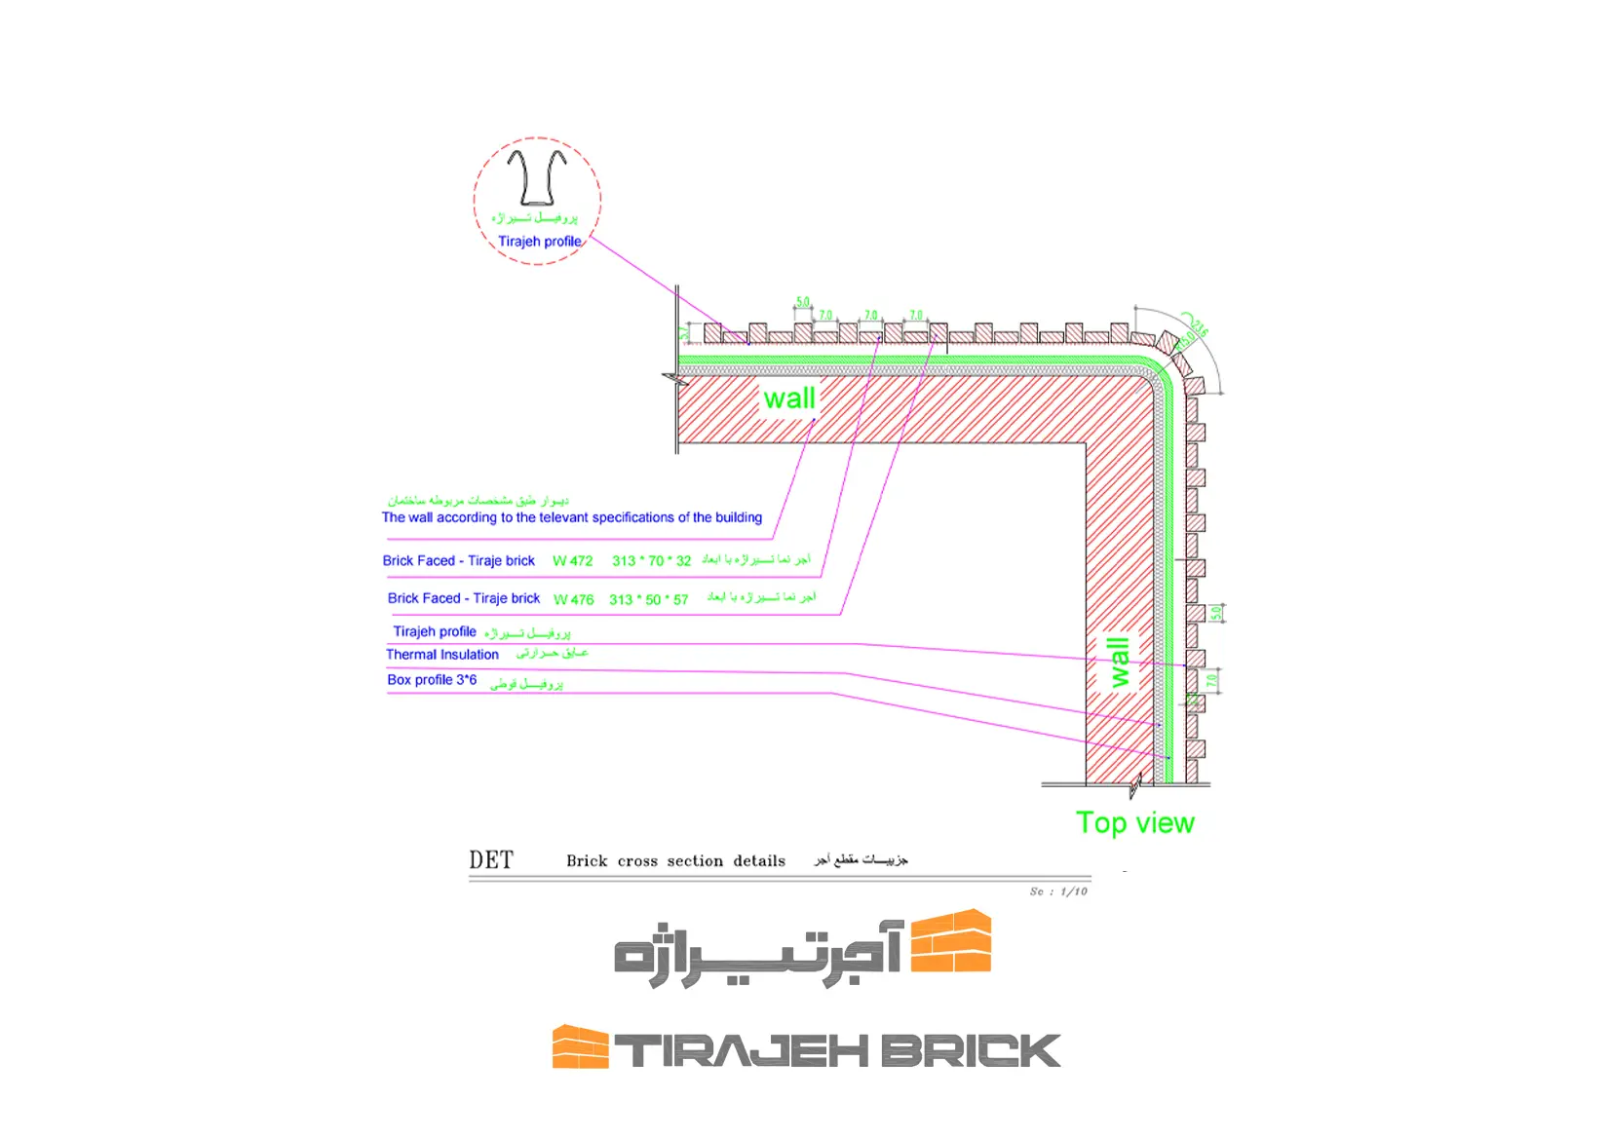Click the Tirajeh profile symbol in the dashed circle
coord(536,177)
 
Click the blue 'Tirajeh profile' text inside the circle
coord(539,242)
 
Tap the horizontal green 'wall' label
coord(789,398)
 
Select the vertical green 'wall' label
coord(1119,663)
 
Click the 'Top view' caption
coord(1134,823)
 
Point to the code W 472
coord(572,561)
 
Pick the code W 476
coord(573,599)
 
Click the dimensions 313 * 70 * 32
coord(651,561)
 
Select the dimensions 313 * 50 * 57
coord(648,599)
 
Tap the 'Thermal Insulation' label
coord(442,655)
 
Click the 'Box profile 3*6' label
coord(432,680)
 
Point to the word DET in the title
coord(491,860)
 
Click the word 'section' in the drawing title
coord(695,861)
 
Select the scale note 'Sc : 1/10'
coord(1058,891)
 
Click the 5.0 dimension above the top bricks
coord(803,302)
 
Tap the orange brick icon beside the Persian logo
coord(951,941)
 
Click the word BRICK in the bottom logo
coord(970,1051)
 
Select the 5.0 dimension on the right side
coord(1215,613)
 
